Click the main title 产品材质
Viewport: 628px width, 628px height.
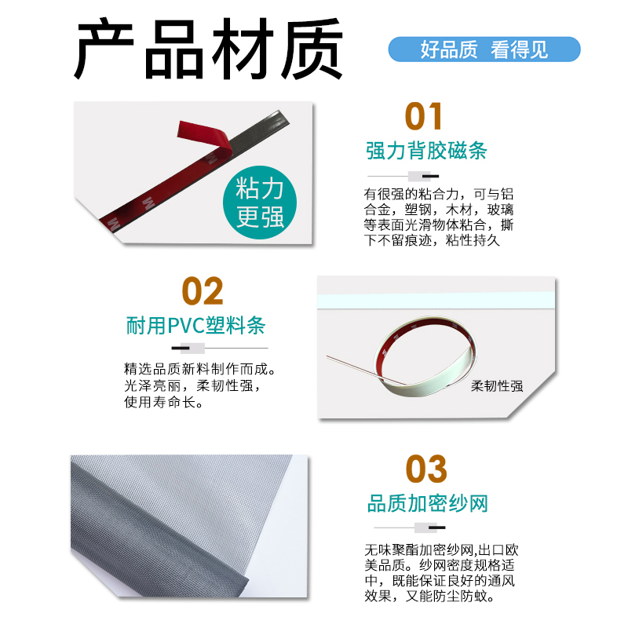click(209, 51)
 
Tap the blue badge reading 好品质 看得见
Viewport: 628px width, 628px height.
click(484, 50)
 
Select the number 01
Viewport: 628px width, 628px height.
click(424, 117)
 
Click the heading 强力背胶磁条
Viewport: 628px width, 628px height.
click(426, 150)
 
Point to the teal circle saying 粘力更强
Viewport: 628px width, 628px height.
click(261, 203)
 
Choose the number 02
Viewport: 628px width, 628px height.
click(203, 291)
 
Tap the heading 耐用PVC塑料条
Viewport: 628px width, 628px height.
click(196, 325)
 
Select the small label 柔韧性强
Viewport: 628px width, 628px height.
click(496, 386)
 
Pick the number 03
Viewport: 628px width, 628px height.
click(426, 469)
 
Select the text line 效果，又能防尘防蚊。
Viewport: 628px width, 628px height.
click(425, 597)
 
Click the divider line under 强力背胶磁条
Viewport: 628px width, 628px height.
click(407, 173)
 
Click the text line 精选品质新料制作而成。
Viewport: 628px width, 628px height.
click(199, 369)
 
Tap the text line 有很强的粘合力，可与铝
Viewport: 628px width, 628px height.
click(438, 194)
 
